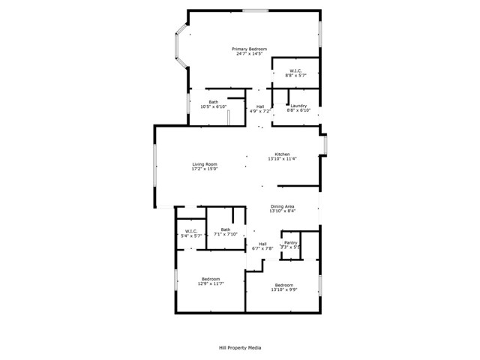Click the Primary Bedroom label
(x=250, y=49)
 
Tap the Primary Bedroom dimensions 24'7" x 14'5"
(x=250, y=54)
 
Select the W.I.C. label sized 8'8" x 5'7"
(x=295, y=70)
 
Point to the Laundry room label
(x=299, y=106)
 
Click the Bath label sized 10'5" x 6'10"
(x=213, y=102)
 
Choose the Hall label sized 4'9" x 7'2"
(x=260, y=106)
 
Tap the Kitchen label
(x=282, y=154)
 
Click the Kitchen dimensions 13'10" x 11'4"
(x=282, y=159)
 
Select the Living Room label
(x=205, y=164)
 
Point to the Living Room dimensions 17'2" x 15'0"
(x=205, y=169)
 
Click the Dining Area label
(x=282, y=206)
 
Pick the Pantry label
(x=290, y=243)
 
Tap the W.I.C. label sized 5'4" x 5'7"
(x=190, y=231)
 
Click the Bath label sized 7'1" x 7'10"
(x=225, y=229)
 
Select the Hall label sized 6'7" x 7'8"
(x=262, y=244)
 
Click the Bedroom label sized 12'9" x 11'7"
(x=210, y=279)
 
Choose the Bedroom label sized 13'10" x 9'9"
(x=283, y=285)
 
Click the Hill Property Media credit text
(x=239, y=347)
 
